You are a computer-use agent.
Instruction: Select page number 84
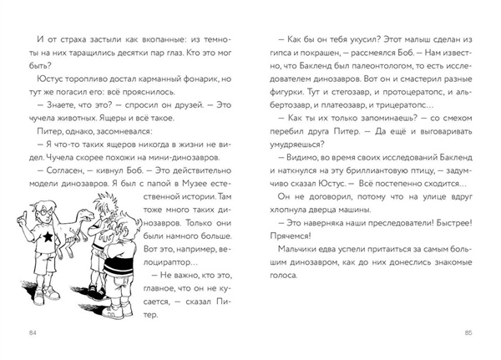33,333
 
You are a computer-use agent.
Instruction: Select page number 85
467,333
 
